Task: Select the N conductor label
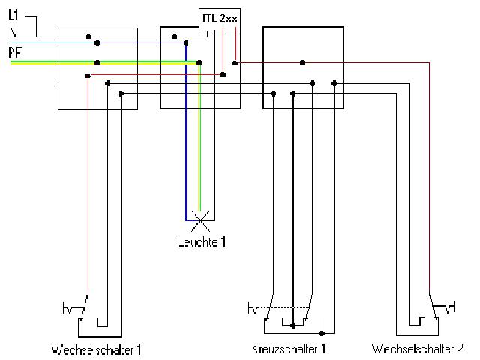(13, 34)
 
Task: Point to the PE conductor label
(15, 52)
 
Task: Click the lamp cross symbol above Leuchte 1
(199, 220)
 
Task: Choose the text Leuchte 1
(200, 241)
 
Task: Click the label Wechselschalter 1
(97, 349)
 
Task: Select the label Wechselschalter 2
(417, 349)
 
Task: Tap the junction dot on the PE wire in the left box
(98, 62)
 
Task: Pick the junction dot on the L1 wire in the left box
(88, 36)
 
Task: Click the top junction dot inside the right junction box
(301, 62)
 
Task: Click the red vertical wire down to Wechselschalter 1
(88, 187)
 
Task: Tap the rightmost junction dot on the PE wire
(199, 62)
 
